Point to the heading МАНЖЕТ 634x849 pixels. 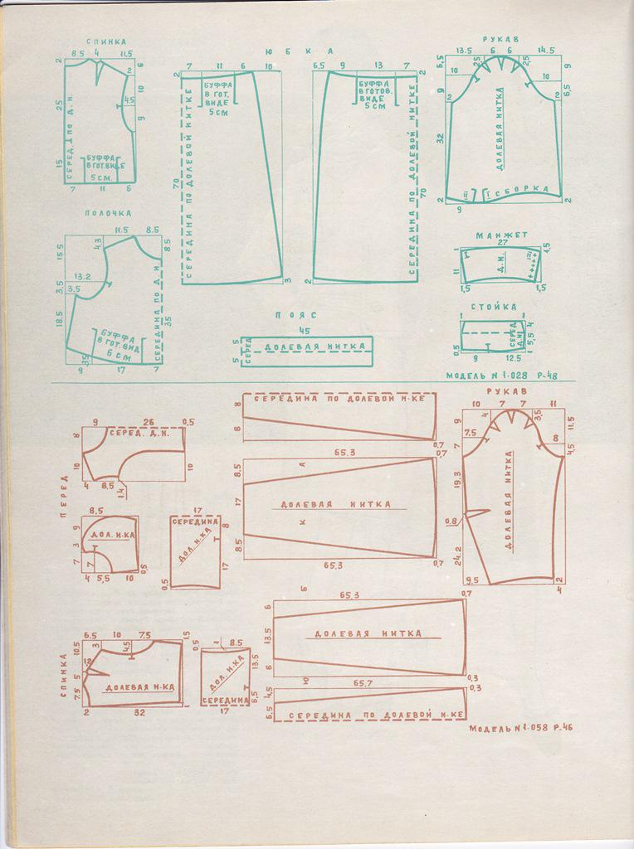[496, 235]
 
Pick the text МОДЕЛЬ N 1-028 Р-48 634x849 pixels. [501, 375]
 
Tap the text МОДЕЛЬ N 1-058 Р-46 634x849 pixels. [521, 729]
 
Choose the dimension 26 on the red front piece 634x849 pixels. [148, 421]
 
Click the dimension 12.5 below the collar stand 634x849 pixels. [512, 358]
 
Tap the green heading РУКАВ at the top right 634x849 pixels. [502, 37]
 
